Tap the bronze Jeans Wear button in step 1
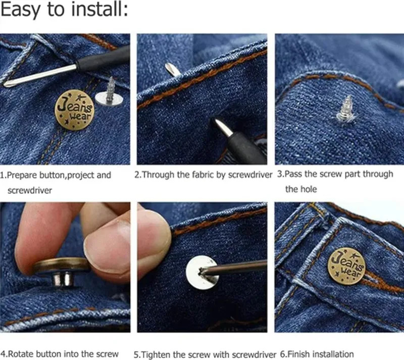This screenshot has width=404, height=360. tap(74, 110)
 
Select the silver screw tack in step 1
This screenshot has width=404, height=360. tap(110, 93)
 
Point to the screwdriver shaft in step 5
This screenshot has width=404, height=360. tap(237, 267)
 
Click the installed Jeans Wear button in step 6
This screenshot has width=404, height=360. tap(346, 266)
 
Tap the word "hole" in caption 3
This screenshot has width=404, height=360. tap(308, 189)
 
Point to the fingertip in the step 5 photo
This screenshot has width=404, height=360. tap(151, 238)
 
